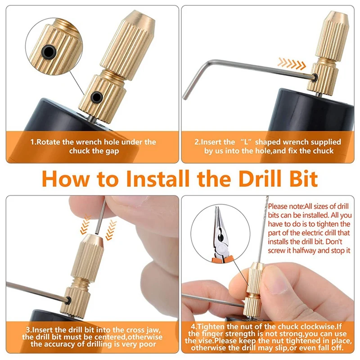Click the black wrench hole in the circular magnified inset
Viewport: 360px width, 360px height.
tap(49, 52)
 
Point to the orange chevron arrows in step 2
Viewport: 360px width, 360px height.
tap(292, 63)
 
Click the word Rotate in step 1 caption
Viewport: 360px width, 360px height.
tap(48, 142)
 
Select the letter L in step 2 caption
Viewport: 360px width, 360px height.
tap(246, 142)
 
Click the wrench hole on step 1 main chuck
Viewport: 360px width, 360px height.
tap(97, 97)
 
